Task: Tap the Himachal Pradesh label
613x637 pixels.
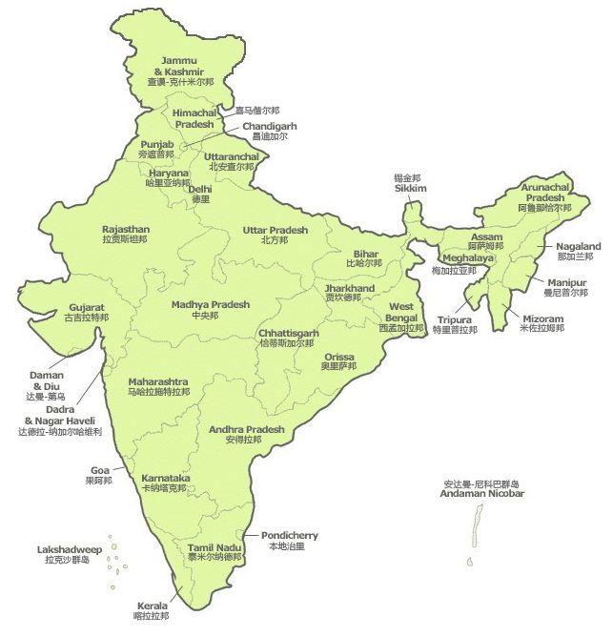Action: [x=194, y=118]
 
